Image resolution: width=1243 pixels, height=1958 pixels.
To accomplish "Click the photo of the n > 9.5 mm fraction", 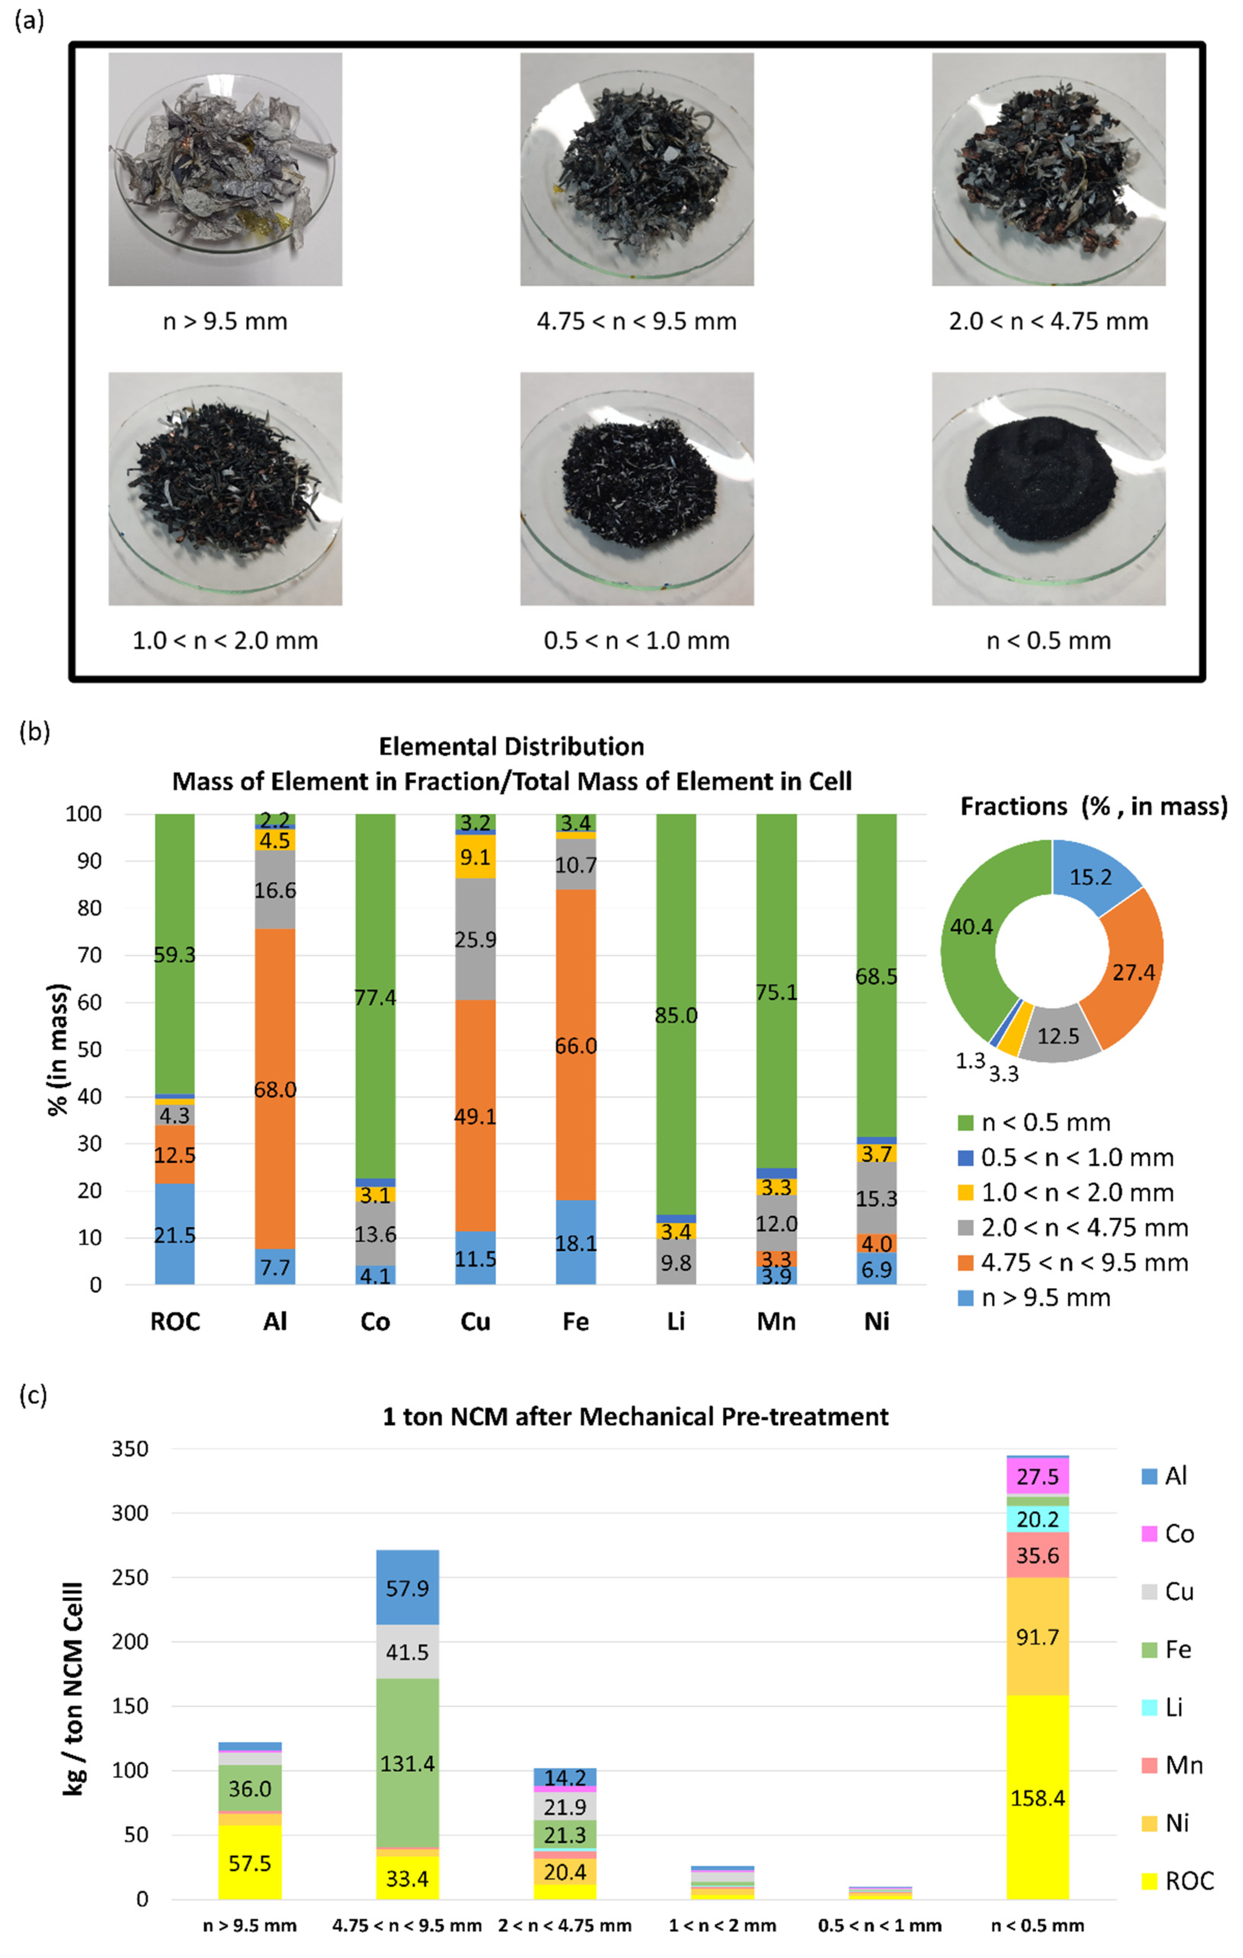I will point(225,169).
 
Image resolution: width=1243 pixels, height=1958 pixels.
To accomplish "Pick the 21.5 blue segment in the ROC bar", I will point(175,1234).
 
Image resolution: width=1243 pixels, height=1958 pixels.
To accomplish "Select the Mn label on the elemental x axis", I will point(776,1321).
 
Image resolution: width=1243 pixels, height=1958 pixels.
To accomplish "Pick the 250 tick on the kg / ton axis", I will point(130,1577).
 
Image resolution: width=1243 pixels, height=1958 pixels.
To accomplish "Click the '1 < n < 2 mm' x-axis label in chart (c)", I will point(722,1926).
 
